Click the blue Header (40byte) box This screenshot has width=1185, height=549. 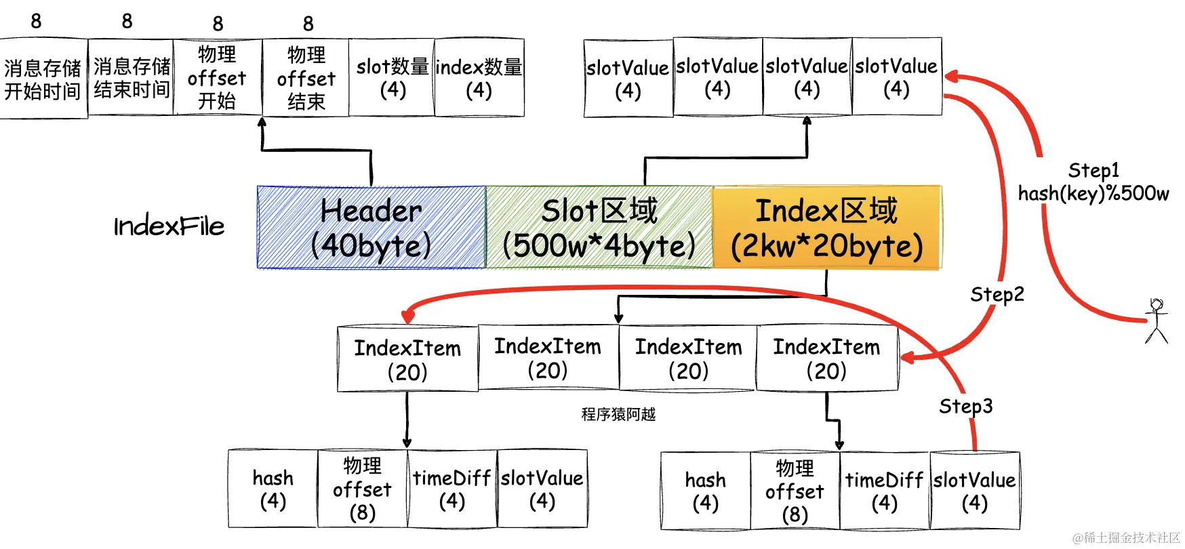371,228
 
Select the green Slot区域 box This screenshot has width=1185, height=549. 599,228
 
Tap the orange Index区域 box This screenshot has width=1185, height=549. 827,228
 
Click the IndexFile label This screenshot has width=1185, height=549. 169,226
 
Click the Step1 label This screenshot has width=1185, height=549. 1093,170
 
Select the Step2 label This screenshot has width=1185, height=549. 997,294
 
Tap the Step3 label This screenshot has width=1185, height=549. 965,406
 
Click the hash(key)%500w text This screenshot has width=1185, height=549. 1093,194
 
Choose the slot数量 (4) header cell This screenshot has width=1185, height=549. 393,77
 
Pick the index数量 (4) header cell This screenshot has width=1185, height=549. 479,77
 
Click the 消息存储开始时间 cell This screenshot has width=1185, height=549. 43,79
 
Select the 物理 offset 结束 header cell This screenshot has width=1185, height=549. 306,78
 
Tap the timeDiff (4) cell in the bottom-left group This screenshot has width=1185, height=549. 451,489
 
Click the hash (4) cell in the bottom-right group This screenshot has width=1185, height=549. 705,491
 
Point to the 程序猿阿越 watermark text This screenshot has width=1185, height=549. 618,414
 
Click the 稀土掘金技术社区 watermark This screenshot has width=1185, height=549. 1126,537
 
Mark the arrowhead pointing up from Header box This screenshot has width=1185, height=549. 262,123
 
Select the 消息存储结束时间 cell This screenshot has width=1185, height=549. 132,77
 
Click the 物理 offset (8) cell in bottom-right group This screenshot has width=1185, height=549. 795,491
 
